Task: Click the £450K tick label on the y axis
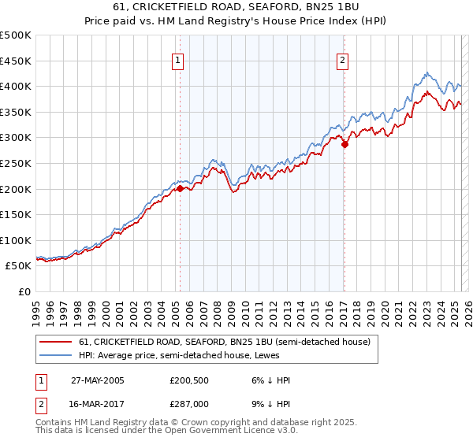tap(16, 61)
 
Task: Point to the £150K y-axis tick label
tap(16, 214)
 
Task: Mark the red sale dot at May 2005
tap(181, 188)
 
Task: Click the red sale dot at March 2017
tap(345, 144)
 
